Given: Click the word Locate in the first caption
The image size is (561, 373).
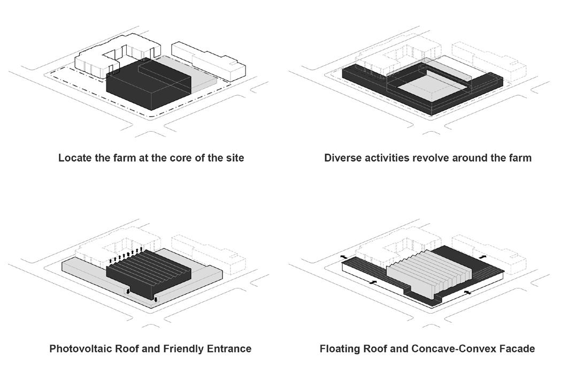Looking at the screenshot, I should (x=75, y=158).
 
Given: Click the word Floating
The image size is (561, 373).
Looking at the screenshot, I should (x=341, y=349).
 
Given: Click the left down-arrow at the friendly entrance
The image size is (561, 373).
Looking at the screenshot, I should (x=128, y=291).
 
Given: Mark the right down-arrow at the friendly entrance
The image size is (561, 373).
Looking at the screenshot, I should (x=156, y=300).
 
